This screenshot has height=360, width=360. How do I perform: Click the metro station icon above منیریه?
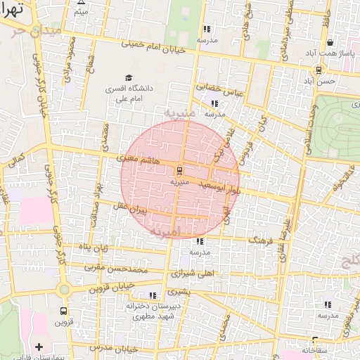click(x=179, y=170)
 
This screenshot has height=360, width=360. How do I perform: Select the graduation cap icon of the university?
click(x=129, y=77)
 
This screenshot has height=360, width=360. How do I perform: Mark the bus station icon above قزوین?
click(x=64, y=311)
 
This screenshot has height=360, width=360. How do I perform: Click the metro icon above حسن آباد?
click(x=319, y=70)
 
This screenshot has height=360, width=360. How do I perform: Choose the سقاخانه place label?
click(x=315, y=349)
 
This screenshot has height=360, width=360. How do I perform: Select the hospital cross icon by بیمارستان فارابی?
click(x=39, y=347)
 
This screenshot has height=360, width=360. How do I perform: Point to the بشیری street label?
click(x=179, y=290)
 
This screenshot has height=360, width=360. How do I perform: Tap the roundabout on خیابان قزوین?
click(x=64, y=289)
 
